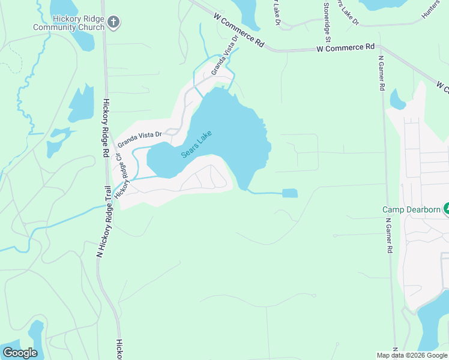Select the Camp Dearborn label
[x=411, y=209]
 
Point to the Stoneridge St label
[x=327, y=17]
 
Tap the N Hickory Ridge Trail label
[x=104, y=221]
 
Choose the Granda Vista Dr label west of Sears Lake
[x=140, y=139]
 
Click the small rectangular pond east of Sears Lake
[x=289, y=193]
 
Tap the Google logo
[x=20, y=353]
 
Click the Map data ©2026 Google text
[x=412, y=355]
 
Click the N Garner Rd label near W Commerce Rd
[x=381, y=73]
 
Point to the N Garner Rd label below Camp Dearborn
[x=390, y=236]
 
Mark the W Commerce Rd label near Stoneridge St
[x=345, y=47]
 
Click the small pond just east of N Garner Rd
[x=397, y=98]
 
